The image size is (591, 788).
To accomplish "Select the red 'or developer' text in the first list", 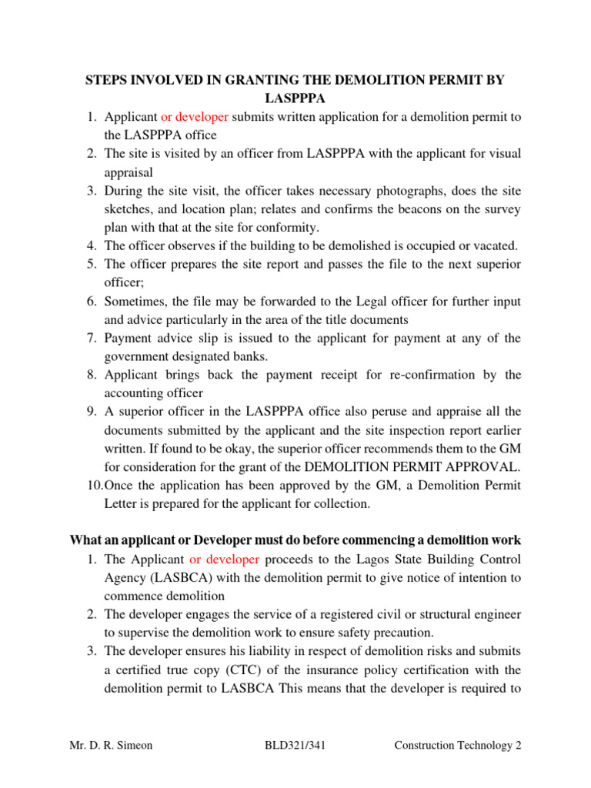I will [194, 116].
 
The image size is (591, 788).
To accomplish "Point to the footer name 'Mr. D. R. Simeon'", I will [112, 746].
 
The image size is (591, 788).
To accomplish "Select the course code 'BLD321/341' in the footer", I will [295, 746].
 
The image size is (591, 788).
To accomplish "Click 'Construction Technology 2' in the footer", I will [458, 746].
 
